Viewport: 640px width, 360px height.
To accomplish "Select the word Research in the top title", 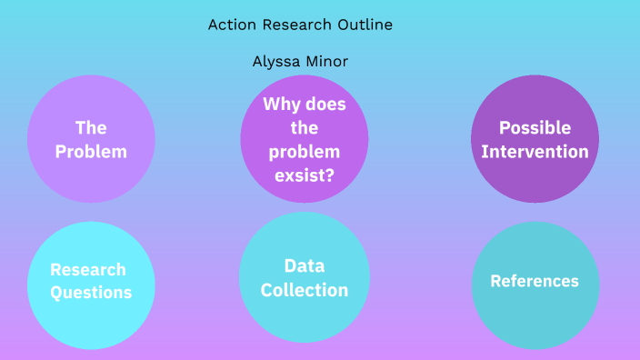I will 293,25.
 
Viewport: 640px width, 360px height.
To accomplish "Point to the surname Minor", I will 328,62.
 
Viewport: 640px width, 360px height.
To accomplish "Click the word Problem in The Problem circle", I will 91,152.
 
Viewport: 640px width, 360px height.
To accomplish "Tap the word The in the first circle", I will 91,127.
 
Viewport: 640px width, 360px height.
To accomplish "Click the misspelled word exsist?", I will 305,175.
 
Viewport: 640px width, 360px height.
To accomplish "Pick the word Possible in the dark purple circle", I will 535,127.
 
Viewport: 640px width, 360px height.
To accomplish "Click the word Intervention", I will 535,151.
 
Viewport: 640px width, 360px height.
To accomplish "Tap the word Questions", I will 91,292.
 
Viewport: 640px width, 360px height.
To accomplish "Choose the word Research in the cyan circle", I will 88,269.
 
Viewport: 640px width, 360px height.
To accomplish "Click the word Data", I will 305,265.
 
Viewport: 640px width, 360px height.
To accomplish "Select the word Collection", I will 305,290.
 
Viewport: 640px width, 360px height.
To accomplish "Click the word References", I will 535,281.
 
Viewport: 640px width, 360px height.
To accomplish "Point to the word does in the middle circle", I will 325,105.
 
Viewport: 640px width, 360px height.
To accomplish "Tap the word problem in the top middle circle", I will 305,151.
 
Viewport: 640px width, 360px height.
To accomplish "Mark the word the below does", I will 305,127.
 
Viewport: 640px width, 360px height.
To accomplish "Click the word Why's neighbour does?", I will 325,105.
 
